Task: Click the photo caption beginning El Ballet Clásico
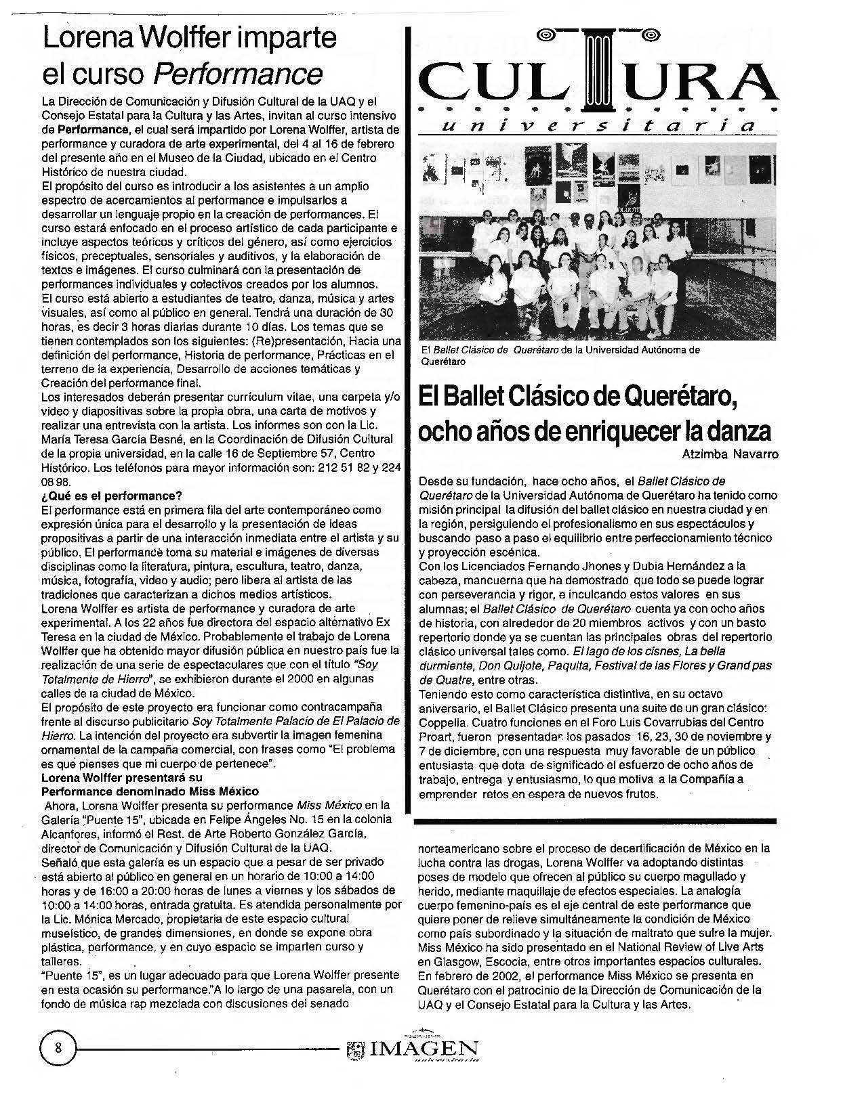point(559,355)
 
